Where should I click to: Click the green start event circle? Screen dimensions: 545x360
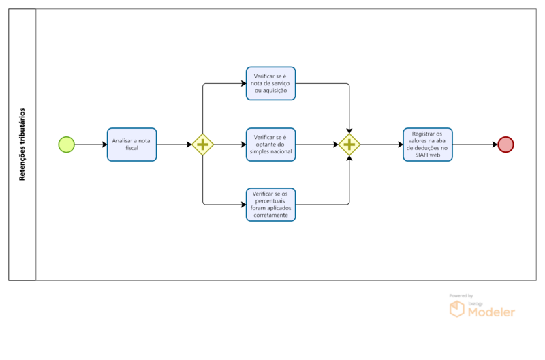(66, 145)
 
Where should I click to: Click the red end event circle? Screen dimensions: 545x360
(505, 145)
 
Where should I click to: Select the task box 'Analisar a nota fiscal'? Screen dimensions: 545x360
(131, 145)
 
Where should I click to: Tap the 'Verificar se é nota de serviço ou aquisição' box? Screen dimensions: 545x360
(270, 83)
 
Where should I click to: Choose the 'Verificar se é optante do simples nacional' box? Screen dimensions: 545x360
(270, 145)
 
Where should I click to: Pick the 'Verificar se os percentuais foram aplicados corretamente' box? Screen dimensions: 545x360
(270, 205)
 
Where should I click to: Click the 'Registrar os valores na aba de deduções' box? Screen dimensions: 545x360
(428, 145)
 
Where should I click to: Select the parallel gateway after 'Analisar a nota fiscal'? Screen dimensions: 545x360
(202, 145)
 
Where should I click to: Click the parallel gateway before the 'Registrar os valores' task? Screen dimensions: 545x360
(349, 145)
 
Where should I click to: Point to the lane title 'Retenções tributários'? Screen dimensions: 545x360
(22, 145)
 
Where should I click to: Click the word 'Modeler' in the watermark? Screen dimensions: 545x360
(491, 312)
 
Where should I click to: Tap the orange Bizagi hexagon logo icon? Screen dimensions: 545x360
(456, 309)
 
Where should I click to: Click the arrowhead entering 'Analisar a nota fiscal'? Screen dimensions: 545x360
(105, 145)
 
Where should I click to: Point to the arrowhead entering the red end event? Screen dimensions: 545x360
(495, 145)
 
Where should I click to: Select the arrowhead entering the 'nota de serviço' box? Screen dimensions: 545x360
(244, 83)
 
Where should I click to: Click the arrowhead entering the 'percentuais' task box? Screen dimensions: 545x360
(244, 205)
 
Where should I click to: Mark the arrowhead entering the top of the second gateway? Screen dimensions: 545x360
(349, 131)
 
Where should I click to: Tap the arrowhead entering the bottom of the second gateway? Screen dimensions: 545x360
(349, 158)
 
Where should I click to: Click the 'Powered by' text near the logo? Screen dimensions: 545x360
(461, 296)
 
